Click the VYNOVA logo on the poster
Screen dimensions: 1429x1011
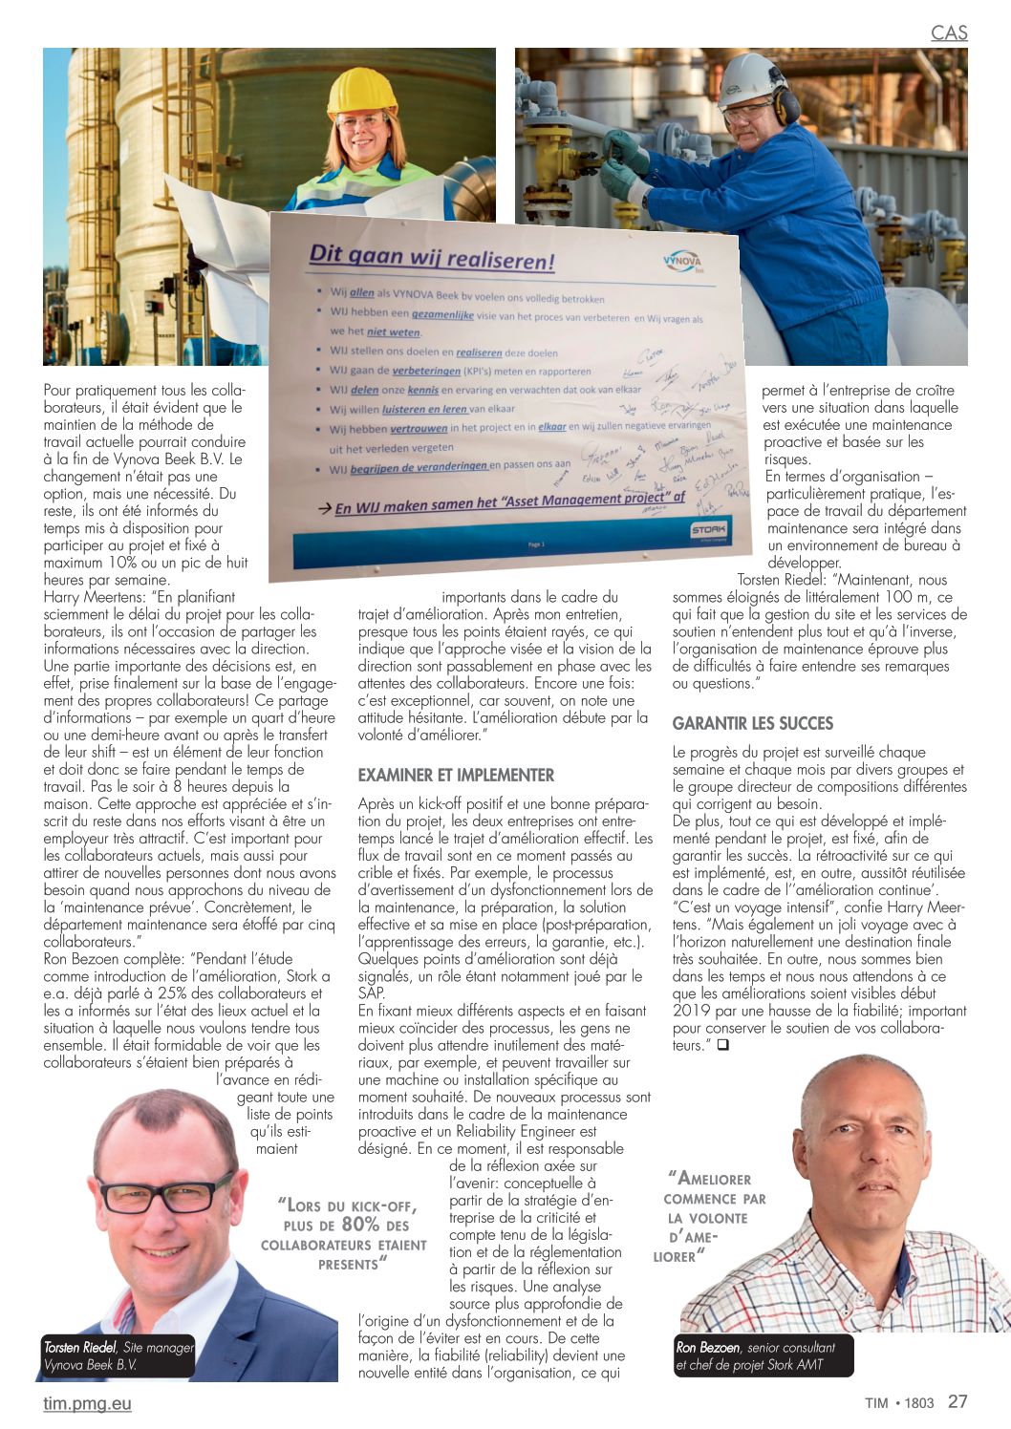(681, 263)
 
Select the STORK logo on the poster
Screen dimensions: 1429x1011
(708, 528)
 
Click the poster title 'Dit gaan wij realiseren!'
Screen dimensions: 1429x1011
(431, 258)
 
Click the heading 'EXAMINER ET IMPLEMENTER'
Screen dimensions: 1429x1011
(456, 775)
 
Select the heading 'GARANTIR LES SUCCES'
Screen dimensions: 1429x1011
(753, 723)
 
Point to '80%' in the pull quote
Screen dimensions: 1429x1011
(360, 1225)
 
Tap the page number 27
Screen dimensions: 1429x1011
(957, 1401)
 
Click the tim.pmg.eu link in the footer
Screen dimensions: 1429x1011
(87, 1403)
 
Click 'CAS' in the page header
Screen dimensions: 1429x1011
(949, 32)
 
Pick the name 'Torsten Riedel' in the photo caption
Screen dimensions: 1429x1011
(80, 1347)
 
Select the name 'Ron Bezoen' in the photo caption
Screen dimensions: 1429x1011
(708, 1347)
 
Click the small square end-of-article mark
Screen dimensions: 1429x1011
(722, 1045)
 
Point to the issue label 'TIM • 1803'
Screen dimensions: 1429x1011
(899, 1402)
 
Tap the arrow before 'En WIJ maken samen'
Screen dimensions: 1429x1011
(325, 509)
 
